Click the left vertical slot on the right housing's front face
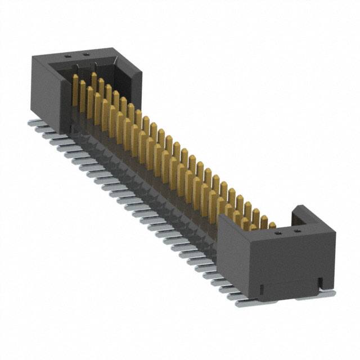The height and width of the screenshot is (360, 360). coord(262,289)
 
